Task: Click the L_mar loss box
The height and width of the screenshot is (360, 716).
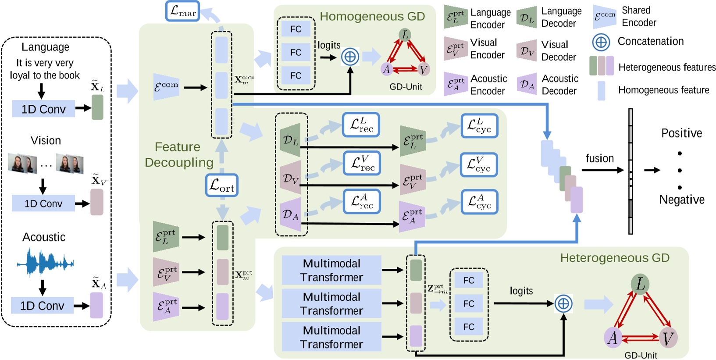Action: coord(182,11)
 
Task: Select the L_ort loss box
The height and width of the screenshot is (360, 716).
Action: coord(222,185)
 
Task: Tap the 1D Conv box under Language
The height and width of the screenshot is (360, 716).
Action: coord(43,109)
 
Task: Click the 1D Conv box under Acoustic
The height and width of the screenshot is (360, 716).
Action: coord(42,305)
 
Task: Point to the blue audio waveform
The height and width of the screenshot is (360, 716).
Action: coord(45,263)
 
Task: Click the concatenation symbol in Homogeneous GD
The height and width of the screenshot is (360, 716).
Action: coord(350,57)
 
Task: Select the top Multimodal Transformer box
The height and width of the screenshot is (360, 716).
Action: coord(331,270)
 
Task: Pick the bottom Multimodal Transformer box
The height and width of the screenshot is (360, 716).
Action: coord(331,337)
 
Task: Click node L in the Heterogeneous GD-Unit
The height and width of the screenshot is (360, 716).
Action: coord(640,284)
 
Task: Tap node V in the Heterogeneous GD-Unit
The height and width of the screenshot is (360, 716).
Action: coord(668,338)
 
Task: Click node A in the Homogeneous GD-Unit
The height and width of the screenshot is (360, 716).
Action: coord(386,69)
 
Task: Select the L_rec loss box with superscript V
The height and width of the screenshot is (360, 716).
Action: coord(362,163)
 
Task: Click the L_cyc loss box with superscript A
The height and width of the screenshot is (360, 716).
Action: coord(479,202)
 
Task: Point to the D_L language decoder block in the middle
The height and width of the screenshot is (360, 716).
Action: coord(290,140)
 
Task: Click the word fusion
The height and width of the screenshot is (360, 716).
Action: coord(600,158)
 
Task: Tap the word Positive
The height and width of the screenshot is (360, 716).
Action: coord(681,133)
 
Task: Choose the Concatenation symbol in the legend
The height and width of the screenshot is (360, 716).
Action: coord(601,42)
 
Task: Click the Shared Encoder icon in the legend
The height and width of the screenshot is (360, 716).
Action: coord(605,17)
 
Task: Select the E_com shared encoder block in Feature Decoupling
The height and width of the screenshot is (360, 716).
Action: coord(166,86)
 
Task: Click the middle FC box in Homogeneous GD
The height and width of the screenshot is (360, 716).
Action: coord(296,53)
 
